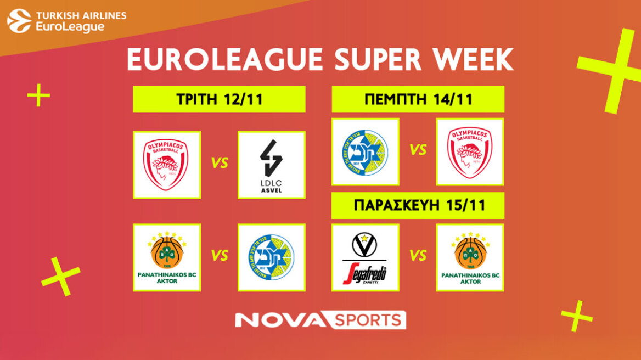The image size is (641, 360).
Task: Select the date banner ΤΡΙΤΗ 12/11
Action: [219, 99]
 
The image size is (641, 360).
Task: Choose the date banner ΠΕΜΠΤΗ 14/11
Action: [418, 99]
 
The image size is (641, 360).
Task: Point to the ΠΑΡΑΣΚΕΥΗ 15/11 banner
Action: [418, 206]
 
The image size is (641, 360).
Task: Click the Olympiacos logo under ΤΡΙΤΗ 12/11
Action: [166, 165]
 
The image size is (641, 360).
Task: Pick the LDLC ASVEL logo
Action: [272, 165]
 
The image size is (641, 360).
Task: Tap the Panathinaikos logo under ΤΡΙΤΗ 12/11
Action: [166, 257]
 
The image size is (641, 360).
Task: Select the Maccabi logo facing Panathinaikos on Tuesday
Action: [272, 257]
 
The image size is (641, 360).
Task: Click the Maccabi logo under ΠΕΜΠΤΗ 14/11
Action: [365, 151]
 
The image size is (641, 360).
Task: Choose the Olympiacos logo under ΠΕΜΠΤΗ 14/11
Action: [469, 151]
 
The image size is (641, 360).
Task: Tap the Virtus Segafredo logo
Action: [365, 257]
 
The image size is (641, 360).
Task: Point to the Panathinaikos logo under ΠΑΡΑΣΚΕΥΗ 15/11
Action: [469, 257]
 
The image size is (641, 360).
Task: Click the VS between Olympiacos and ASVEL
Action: [219, 164]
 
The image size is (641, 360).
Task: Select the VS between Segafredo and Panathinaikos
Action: [418, 256]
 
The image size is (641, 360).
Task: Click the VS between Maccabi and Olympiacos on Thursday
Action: [418, 150]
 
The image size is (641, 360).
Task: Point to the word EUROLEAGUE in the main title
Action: [225, 59]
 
